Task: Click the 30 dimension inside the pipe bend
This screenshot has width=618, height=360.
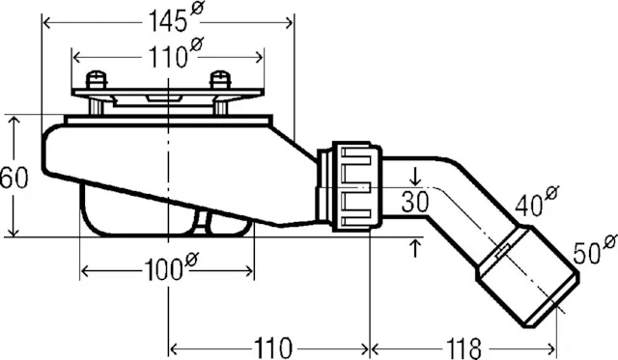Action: click(415, 203)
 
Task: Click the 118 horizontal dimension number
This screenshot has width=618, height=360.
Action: click(463, 346)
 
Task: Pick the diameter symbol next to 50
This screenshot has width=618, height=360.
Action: click(608, 240)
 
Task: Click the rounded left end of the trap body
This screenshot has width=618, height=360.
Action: click(48, 154)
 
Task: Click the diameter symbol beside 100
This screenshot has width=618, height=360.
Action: click(191, 260)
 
